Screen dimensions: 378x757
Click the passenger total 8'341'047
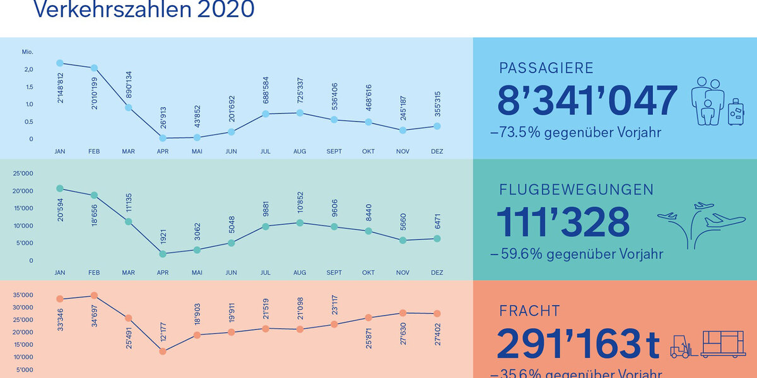pos(587,101)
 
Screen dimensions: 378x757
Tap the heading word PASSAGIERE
pos(546,68)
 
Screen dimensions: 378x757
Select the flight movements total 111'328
pos(563,222)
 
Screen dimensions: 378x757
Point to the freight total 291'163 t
pos(578,343)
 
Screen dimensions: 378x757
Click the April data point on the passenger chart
pos(163,138)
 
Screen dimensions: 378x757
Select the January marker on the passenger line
pos(60,63)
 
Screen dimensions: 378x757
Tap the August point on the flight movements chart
pos(300,223)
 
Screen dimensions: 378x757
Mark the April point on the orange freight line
pos(163,351)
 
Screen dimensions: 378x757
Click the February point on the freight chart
pos(94,295)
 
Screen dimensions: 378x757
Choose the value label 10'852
pos(300,200)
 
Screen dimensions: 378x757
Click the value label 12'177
pos(163,328)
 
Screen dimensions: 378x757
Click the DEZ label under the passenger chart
pos(437,151)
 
